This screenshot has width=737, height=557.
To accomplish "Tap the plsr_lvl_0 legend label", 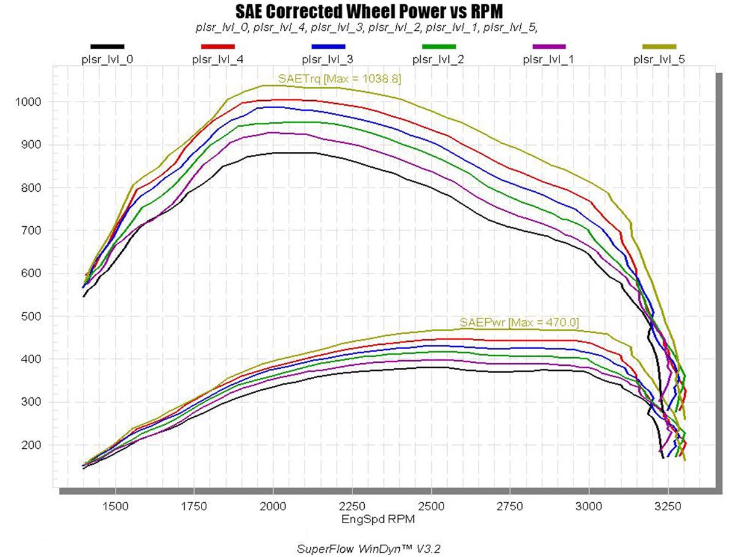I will (x=107, y=60).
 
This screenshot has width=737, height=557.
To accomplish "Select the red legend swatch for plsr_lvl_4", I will (x=218, y=47).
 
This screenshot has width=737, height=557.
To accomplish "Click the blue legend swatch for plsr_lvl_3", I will (x=329, y=47).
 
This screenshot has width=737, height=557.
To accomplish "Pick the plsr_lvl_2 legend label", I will (x=439, y=60).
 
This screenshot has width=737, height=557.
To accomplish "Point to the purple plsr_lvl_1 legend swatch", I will (x=549, y=47).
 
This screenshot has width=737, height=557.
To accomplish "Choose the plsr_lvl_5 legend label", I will (x=660, y=60).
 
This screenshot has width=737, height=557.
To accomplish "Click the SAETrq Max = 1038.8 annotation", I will (x=340, y=79).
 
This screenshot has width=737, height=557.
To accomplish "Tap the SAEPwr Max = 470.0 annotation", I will (x=520, y=322).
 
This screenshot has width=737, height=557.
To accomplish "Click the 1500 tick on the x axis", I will (x=115, y=507).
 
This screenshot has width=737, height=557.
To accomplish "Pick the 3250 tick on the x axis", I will (x=668, y=507).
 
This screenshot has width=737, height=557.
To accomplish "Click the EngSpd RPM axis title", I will (x=376, y=519).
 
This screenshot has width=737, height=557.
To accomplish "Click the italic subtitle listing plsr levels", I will (x=367, y=27).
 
